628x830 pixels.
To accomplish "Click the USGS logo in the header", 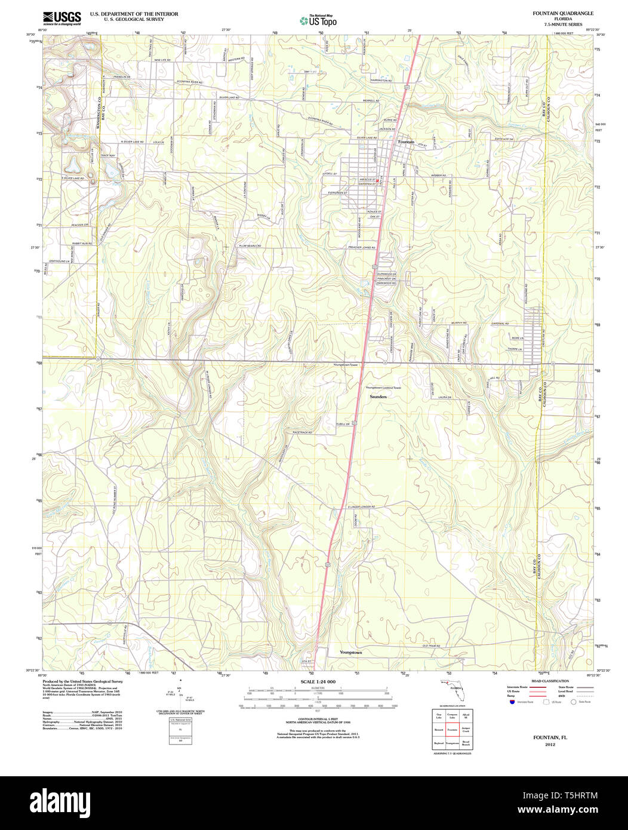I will pyautogui.click(x=62, y=18).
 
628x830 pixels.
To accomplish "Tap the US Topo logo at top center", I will pyautogui.click(x=318, y=20).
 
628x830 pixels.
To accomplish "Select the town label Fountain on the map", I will pyautogui.click(x=406, y=142).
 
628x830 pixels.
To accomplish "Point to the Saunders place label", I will pyautogui.click(x=378, y=396).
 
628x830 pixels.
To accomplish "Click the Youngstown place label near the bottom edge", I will pyautogui.click(x=350, y=652).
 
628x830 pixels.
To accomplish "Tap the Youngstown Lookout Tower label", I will pyautogui.click(x=384, y=388).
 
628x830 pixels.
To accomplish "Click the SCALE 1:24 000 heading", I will pyautogui.click(x=318, y=681).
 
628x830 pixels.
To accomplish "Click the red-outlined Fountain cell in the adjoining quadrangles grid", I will pyautogui.click(x=452, y=729).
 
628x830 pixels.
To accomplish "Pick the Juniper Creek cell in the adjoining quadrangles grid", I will pyautogui.click(x=466, y=729).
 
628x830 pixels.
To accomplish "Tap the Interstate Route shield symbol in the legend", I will pyautogui.click(x=512, y=702).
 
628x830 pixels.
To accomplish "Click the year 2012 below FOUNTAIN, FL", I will pyautogui.click(x=549, y=744).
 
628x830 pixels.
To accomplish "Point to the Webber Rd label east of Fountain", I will pyautogui.click(x=435, y=176).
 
